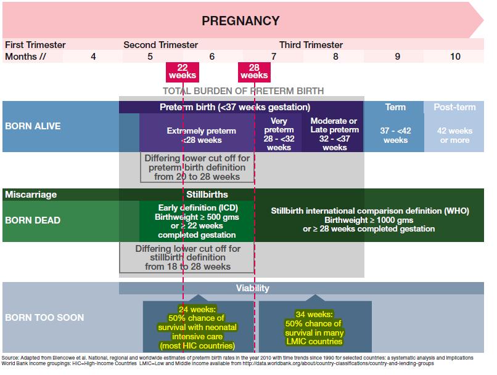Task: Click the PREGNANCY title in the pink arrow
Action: tap(240, 21)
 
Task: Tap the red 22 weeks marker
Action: tap(183, 72)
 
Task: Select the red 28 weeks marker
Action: tap(254, 72)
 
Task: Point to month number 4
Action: tap(93, 57)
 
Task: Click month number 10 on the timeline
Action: tap(455, 57)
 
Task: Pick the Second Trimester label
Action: tap(161, 45)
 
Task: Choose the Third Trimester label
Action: tap(311, 45)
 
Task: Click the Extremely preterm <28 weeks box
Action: tap(197, 132)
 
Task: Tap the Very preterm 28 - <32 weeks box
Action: tap(279, 132)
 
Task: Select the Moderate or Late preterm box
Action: tap(333, 132)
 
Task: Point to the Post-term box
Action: tap(454, 127)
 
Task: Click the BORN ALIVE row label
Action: tap(33, 126)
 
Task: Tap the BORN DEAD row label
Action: tap(33, 220)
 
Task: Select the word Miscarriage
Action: tap(31, 195)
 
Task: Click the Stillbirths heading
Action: tap(207, 195)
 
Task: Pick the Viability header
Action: tap(252, 288)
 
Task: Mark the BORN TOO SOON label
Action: tap(44, 317)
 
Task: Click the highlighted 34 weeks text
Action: tap(314, 328)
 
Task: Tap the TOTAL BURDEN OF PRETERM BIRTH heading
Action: tap(244, 91)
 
